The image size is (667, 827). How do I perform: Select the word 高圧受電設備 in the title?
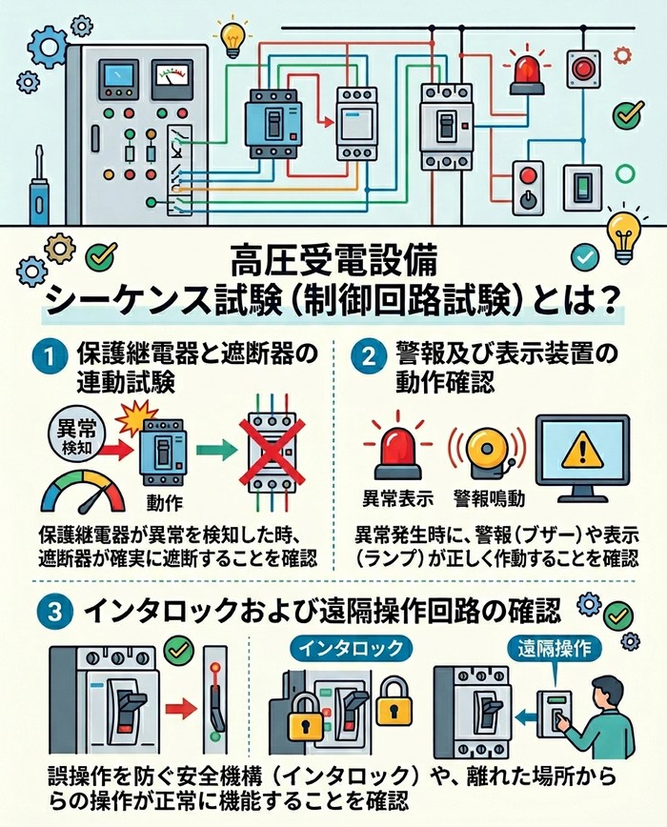(x=334, y=260)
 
